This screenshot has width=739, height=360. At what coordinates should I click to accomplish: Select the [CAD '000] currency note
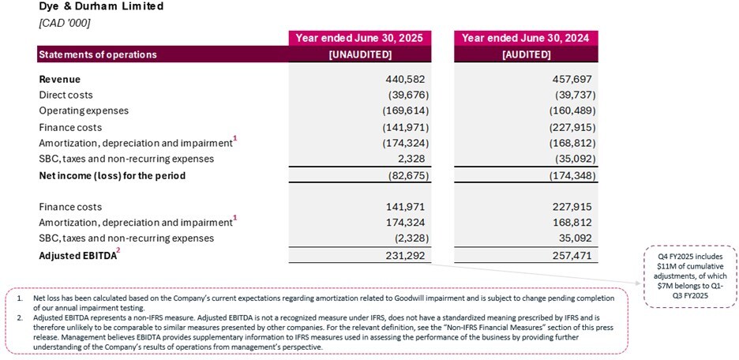pos(65,22)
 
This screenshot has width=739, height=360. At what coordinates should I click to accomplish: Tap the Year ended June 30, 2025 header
pos(360,38)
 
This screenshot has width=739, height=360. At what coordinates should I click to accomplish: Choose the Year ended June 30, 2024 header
pos(526,38)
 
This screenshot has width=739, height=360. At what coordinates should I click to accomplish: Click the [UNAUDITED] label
pos(360,54)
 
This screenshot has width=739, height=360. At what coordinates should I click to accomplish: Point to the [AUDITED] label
pos(526,54)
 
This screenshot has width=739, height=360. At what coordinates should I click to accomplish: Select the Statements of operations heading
pos(98,54)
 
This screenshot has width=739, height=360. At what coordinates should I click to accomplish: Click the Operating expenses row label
pos(83,111)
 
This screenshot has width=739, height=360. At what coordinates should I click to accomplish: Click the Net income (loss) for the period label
pos(112,175)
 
